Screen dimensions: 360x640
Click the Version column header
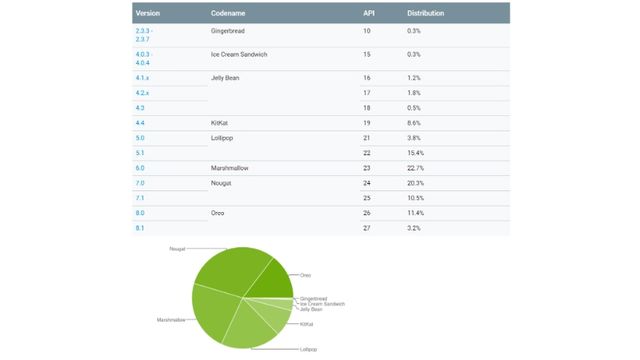pyautogui.click(x=148, y=13)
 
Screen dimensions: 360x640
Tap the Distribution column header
pyautogui.click(x=426, y=13)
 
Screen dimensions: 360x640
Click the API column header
pyautogui.click(x=369, y=13)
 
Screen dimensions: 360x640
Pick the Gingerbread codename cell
pyautogui.click(x=234, y=31)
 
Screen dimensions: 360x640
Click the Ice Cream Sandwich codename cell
pyautogui.click(x=246, y=54)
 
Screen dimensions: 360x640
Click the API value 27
pyautogui.click(x=368, y=229)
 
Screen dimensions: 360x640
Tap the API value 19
pyautogui.click(x=368, y=122)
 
